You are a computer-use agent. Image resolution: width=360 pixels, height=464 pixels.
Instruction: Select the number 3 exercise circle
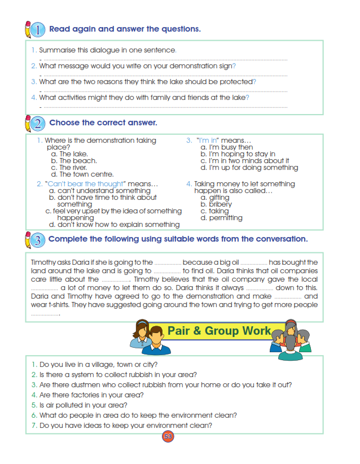point(37,239)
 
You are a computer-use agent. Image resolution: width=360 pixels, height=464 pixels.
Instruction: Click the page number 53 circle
point(168,436)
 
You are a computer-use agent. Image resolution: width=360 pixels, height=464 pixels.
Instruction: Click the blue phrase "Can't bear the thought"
point(85,184)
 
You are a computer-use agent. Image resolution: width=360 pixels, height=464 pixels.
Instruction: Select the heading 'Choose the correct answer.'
point(103,122)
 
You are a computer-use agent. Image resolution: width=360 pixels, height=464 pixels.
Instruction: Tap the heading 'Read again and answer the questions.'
point(125,29)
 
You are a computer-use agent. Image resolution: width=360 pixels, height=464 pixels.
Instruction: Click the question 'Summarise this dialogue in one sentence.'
point(107,50)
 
